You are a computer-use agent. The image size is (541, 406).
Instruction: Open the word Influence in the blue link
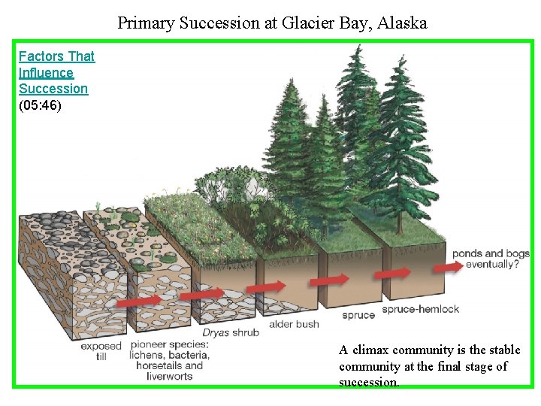pos(46,73)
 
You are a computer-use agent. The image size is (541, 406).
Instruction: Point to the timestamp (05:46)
pos(40,105)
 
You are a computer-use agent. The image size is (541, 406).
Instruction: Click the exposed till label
pos(101,351)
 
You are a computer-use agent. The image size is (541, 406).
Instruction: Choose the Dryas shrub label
pos(231,332)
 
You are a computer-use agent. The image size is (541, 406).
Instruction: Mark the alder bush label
pos(294,324)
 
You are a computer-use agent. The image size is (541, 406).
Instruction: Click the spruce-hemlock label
pos(420,309)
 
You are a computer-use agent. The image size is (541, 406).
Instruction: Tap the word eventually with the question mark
pos(492,265)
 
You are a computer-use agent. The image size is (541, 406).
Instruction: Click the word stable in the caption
pos(503,350)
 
